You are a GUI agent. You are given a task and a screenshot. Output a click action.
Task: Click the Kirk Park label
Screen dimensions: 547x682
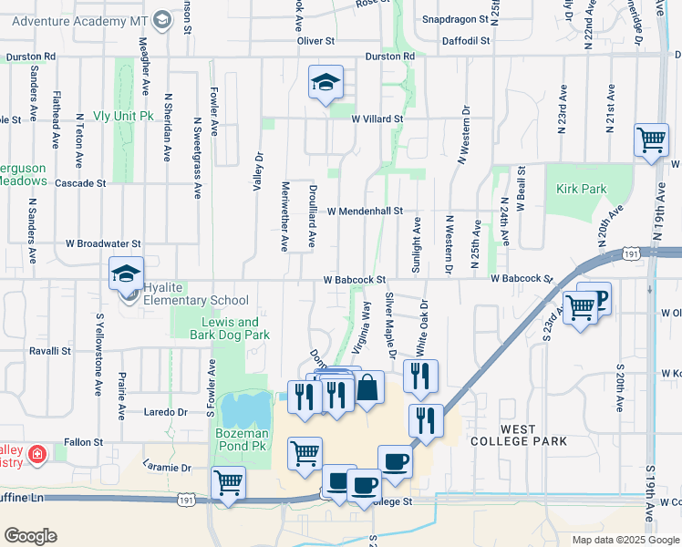(x=581, y=189)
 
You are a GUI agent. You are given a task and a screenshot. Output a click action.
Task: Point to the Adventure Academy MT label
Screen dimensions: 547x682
(x=82, y=20)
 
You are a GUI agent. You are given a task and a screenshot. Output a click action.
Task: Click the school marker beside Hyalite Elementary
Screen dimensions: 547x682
(x=127, y=273)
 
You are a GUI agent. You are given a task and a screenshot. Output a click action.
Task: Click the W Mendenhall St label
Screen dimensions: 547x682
(x=365, y=211)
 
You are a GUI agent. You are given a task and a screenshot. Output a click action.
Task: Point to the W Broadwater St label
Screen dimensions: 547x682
(x=103, y=244)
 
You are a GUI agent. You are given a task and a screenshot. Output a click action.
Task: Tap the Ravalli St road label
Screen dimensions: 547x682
(x=49, y=350)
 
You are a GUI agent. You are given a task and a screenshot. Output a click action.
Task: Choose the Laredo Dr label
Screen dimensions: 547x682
(x=166, y=412)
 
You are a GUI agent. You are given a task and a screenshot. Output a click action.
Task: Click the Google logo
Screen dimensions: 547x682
(x=30, y=536)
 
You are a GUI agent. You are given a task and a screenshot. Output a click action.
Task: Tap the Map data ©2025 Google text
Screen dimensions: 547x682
(x=625, y=540)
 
